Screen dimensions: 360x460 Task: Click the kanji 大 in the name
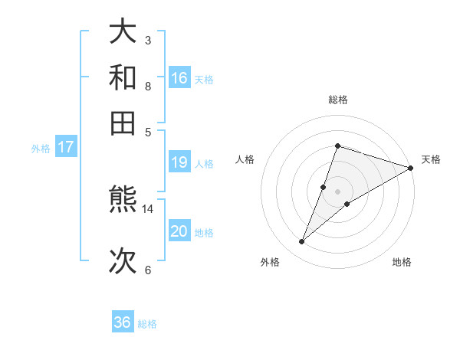pyautogui.click(x=123, y=32)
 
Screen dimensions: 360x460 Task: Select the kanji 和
pyautogui.click(x=123, y=77)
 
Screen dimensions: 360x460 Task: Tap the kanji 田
pyautogui.click(x=123, y=123)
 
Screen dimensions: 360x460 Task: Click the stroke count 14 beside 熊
pyautogui.click(x=148, y=208)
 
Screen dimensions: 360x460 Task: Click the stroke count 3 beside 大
pyautogui.click(x=148, y=40)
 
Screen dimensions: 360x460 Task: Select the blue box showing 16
pyautogui.click(x=179, y=77)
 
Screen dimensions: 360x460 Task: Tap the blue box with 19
pyautogui.click(x=179, y=162)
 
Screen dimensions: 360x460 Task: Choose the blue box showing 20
pyautogui.click(x=179, y=231)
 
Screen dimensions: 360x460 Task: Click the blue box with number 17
pyautogui.click(x=66, y=147)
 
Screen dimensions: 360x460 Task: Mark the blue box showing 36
pyautogui.click(x=123, y=322)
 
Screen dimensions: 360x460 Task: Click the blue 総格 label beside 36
pyautogui.click(x=148, y=324)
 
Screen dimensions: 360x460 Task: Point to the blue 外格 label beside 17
pyautogui.click(x=40, y=149)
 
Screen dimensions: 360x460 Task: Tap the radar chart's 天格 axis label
pyautogui.click(x=431, y=159)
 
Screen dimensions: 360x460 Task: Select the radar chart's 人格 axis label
pyautogui.click(x=245, y=159)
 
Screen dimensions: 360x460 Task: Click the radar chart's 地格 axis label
pyautogui.click(x=402, y=262)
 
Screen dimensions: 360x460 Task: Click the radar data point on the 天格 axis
pyautogui.click(x=410, y=167)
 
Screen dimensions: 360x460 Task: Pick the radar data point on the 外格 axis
pyautogui.click(x=302, y=242)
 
